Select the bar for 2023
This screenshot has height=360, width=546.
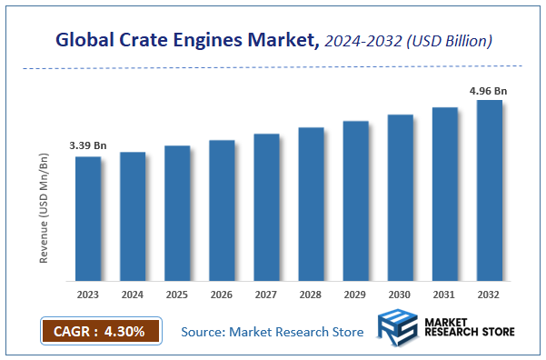[88, 219]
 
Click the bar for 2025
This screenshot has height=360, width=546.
[177, 214]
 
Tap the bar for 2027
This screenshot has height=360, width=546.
[266, 207]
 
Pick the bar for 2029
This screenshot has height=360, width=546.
[355, 201]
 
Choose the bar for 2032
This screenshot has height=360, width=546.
[489, 191]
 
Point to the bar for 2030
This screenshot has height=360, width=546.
[400, 198]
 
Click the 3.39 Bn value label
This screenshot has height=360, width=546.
[87, 145]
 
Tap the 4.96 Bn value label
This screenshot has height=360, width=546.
[488, 90]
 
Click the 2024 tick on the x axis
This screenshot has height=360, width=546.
[133, 295]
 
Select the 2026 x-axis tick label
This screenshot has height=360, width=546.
[222, 295]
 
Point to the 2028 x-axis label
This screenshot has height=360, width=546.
[311, 295]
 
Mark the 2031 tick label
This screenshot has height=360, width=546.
[444, 295]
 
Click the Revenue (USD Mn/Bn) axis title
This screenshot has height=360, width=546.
[44, 209]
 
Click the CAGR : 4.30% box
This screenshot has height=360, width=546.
[101, 331]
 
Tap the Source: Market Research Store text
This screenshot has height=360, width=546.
[272, 332]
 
